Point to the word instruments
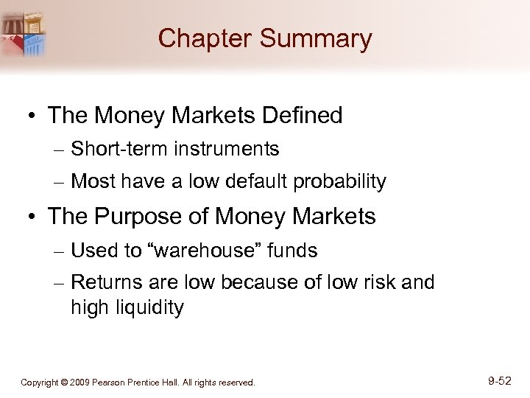(x=227, y=149)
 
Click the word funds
(x=293, y=251)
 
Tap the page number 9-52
(x=499, y=381)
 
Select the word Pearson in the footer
(x=116, y=383)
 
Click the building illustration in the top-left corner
(x=23, y=33)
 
